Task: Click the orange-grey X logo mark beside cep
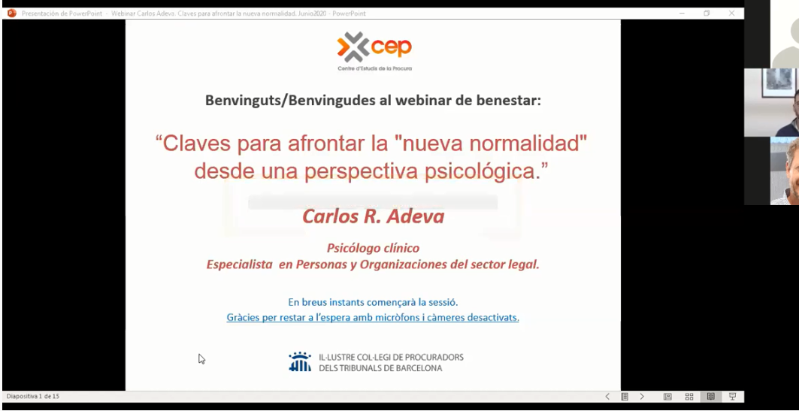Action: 353,47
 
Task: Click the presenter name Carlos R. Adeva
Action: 373,216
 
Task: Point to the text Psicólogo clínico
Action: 373,248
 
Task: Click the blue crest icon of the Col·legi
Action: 300,361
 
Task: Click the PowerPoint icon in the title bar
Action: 12,14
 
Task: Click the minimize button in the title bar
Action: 682,14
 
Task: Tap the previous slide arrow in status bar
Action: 607,396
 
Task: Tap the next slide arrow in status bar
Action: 642,396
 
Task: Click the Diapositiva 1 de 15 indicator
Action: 32,396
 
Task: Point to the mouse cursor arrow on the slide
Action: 201,359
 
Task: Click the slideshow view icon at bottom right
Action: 732,396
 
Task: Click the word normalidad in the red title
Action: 528,144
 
